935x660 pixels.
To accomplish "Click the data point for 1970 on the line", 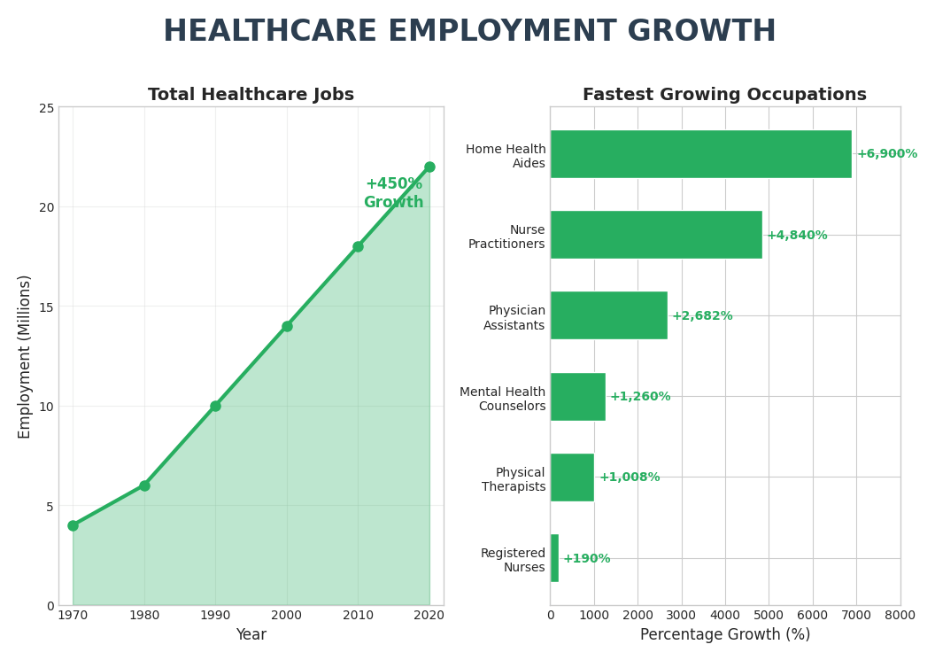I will click(73, 525).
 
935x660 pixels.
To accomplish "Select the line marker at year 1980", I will click(144, 485).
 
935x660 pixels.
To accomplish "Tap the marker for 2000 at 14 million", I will click(287, 326).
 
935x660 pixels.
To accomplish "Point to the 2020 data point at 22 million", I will click(429, 167).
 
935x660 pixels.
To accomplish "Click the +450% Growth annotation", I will click(393, 193).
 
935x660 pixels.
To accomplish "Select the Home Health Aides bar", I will click(700, 154).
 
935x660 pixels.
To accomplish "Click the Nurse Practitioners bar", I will click(655, 235).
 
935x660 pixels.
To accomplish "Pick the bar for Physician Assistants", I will click(608, 315).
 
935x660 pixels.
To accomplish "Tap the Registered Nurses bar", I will click(554, 558).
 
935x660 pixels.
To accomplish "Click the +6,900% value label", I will click(886, 154).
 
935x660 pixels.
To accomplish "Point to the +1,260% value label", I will click(639, 397).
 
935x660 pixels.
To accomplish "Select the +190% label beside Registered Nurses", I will click(586, 559).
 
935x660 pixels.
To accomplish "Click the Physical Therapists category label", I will click(514, 480).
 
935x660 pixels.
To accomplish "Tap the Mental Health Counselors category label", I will click(502, 400).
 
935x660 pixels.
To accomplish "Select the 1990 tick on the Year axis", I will click(215, 615).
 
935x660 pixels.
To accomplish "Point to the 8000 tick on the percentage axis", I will click(900, 615).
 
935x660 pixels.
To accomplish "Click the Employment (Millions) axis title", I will click(25, 356).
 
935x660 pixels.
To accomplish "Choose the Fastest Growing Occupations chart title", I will click(724, 95).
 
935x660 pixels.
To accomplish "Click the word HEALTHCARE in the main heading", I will click(270, 32).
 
